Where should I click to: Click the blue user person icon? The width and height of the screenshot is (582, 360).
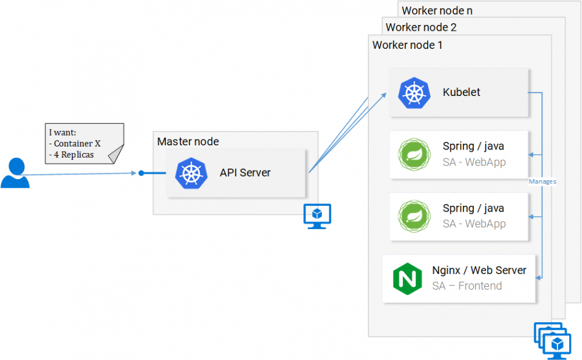(15, 173)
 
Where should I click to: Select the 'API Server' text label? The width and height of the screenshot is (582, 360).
(245, 173)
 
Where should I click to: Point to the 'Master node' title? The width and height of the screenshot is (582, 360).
(188, 141)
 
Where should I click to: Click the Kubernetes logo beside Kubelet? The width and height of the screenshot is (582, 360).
(414, 93)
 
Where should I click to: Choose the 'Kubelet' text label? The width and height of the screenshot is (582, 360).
(462, 92)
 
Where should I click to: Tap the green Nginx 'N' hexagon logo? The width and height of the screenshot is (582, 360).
(407, 279)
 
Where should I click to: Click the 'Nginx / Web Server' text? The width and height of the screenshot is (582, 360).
(479, 270)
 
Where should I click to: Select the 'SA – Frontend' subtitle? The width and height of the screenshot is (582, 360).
(467, 286)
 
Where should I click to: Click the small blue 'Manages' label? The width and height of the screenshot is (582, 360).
(542, 181)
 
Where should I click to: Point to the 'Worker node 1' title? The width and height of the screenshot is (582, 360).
(407, 45)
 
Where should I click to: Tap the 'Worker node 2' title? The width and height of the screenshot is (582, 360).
(421, 27)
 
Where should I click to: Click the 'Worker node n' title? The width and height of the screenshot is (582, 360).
(437, 10)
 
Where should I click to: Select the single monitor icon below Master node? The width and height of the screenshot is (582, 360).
(317, 216)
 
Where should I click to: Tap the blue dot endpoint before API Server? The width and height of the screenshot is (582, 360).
(141, 173)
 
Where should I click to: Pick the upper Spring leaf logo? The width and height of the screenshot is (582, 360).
(414, 154)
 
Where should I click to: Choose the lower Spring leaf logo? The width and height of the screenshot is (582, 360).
(414, 216)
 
